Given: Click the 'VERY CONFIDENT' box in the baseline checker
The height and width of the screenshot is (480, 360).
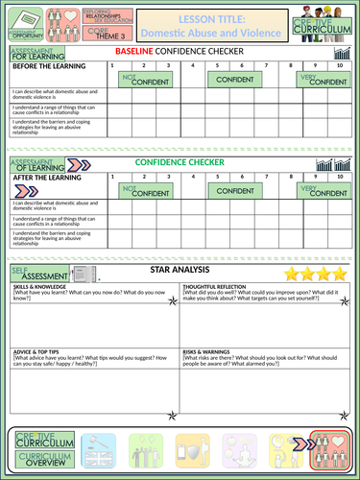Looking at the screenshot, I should pos(319,82).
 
